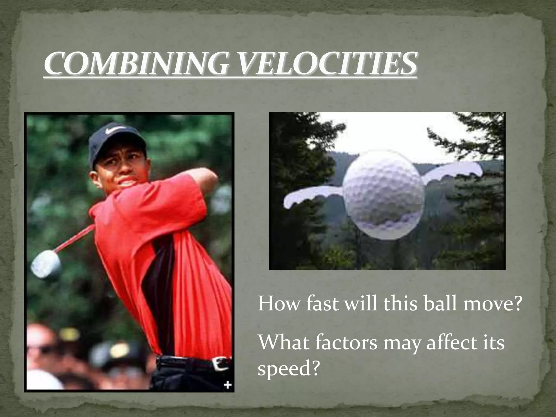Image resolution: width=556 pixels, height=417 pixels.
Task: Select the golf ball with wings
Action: pos(383,195)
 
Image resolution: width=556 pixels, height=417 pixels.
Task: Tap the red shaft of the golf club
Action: pos(75,239)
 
